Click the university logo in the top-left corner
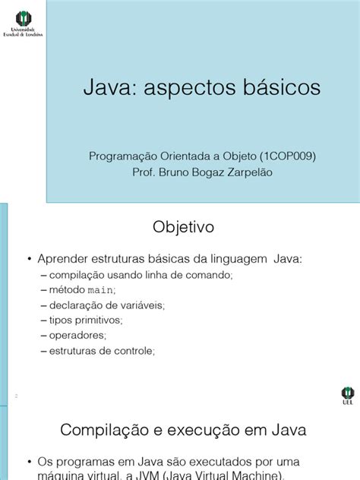(23, 23)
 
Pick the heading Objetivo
(185, 227)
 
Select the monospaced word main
(100, 289)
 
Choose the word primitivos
(95, 320)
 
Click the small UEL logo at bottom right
(348, 396)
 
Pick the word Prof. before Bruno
(144, 172)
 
